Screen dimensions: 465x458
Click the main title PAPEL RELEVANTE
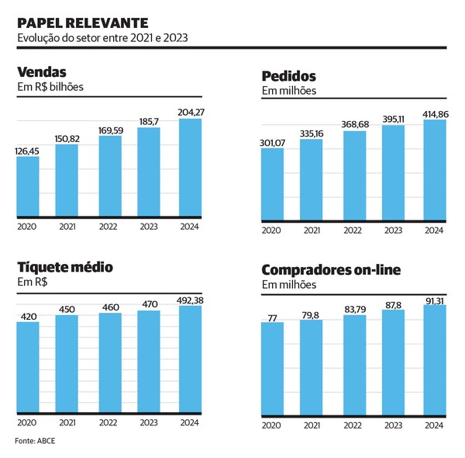[83, 23]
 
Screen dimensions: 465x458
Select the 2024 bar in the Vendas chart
[190, 168]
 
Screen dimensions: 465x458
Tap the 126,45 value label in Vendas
[27, 151]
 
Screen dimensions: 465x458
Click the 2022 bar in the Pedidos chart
[355, 175]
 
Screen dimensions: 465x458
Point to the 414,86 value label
[436, 114]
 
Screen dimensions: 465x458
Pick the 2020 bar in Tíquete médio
[28, 367]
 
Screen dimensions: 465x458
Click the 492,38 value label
[190, 300]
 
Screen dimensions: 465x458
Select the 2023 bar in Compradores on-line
[393, 363]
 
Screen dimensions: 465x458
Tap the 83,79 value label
[355, 310]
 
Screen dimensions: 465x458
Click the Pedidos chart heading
[289, 76]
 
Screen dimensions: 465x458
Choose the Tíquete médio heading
[65, 267]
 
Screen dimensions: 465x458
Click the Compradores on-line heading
[331, 270]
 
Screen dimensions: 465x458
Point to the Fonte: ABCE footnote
[35, 441]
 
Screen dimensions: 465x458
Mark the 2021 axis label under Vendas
[67, 227]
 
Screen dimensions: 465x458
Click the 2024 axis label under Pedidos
[434, 231]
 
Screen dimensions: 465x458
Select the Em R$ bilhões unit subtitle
[50, 87]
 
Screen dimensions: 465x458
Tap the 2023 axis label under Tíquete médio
[149, 422]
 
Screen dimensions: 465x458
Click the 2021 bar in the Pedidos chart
[311, 179]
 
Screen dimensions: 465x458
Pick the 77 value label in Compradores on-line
[272, 318]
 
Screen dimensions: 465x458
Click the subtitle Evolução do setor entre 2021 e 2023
[102, 38]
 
